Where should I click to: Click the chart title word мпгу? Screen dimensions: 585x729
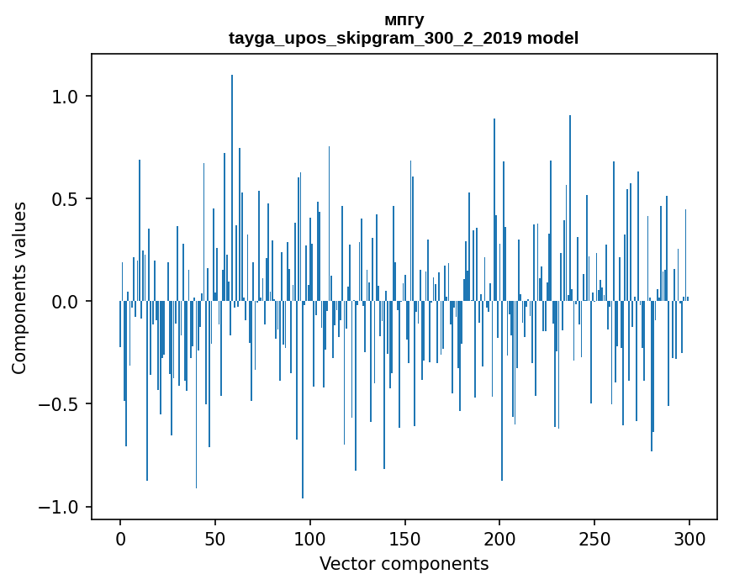[404, 20]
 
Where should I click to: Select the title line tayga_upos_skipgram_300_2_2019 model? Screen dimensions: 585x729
[404, 38]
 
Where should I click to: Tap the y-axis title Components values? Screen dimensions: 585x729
[19, 287]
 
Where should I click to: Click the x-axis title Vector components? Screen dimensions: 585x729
[404, 563]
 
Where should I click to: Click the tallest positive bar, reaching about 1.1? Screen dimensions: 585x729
[232, 185]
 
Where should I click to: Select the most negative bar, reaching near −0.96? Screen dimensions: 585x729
[303, 403]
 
